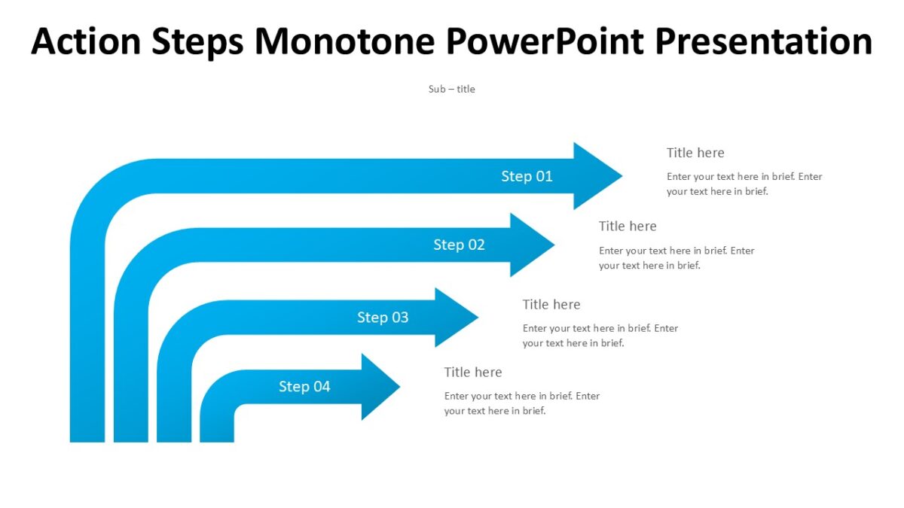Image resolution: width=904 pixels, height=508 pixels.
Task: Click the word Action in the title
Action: click(x=85, y=41)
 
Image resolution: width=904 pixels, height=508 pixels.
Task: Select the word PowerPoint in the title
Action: click(x=545, y=41)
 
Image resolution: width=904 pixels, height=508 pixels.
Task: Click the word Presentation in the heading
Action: click(x=763, y=41)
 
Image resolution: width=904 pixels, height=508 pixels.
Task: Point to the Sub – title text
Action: click(x=452, y=89)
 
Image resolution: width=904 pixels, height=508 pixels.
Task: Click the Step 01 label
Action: click(x=527, y=176)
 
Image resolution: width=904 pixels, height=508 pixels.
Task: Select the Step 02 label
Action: click(x=459, y=245)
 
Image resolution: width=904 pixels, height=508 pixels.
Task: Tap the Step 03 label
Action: click(x=383, y=318)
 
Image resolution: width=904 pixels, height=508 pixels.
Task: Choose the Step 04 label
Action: click(x=304, y=387)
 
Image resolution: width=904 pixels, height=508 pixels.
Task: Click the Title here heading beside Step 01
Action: click(x=695, y=153)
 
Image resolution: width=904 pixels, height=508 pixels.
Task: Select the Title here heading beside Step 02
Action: click(x=628, y=227)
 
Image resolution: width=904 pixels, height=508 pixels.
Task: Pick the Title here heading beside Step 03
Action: click(x=551, y=305)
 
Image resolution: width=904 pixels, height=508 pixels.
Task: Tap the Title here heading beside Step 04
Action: click(x=473, y=373)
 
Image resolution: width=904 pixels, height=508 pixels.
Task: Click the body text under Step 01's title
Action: click(x=744, y=184)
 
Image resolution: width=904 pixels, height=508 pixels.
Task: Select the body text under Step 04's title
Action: click(x=522, y=403)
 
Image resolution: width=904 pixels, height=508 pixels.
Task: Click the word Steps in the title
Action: click(x=198, y=41)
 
